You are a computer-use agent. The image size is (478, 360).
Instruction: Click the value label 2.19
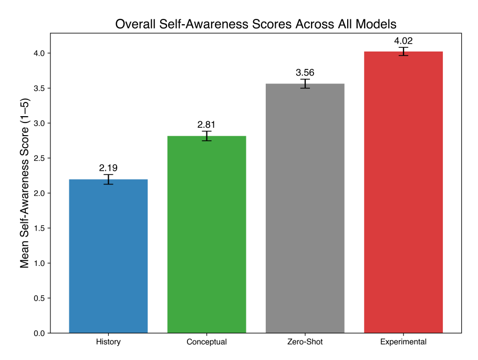click(108, 168)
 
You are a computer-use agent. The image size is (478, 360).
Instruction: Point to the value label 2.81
click(206, 125)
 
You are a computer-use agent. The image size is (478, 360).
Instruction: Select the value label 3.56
click(305, 73)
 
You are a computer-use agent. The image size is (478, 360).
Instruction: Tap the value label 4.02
click(403, 40)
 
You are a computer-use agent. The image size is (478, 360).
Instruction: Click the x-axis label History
click(108, 342)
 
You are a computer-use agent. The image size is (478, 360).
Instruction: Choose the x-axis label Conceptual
click(206, 342)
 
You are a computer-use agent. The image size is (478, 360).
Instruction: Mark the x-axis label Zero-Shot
click(305, 342)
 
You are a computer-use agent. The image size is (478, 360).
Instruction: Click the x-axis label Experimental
click(403, 342)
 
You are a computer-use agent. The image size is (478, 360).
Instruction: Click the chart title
click(255, 24)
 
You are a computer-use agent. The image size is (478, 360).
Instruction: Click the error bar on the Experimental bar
click(403, 52)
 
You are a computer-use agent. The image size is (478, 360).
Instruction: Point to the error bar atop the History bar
click(108, 180)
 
